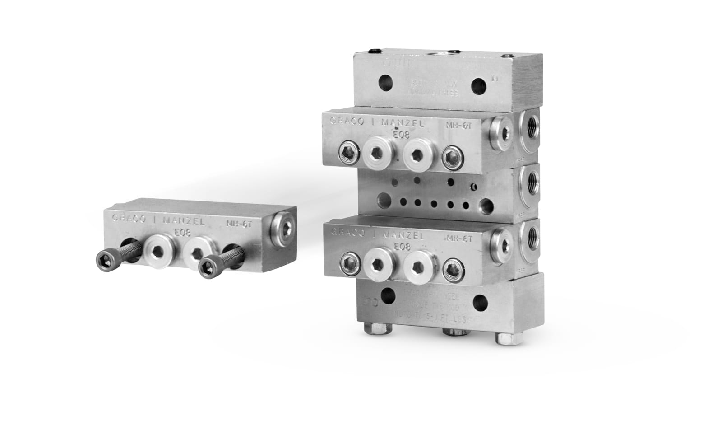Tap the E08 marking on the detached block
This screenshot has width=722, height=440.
[183, 234]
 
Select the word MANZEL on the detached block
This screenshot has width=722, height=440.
[184, 221]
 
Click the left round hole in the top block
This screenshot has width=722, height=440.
[386, 83]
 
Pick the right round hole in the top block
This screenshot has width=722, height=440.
[478, 86]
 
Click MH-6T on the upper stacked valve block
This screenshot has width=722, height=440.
[458, 125]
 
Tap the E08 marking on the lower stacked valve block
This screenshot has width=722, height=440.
[402, 247]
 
